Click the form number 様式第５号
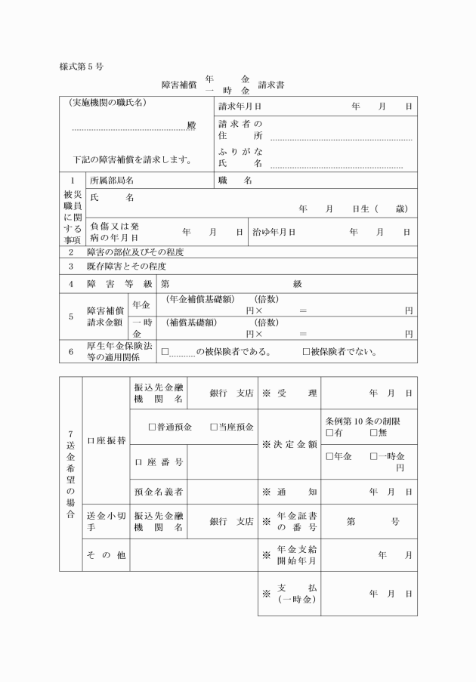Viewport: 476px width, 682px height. (x=82, y=66)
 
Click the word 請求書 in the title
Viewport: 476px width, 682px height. (x=271, y=85)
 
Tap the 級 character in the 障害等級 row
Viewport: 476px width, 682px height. (x=298, y=284)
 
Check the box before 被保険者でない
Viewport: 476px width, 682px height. (x=306, y=352)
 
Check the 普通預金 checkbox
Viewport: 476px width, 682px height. (x=152, y=427)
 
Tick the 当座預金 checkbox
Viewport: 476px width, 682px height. (x=214, y=427)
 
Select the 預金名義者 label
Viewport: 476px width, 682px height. (x=159, y=492)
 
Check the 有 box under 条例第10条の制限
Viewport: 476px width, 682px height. (x=329, y=433)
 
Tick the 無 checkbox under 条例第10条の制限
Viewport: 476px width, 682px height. (x=373, y=433)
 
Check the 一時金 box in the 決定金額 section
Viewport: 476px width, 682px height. (x=373, y=457)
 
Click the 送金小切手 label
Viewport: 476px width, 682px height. (x=105, y=521)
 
